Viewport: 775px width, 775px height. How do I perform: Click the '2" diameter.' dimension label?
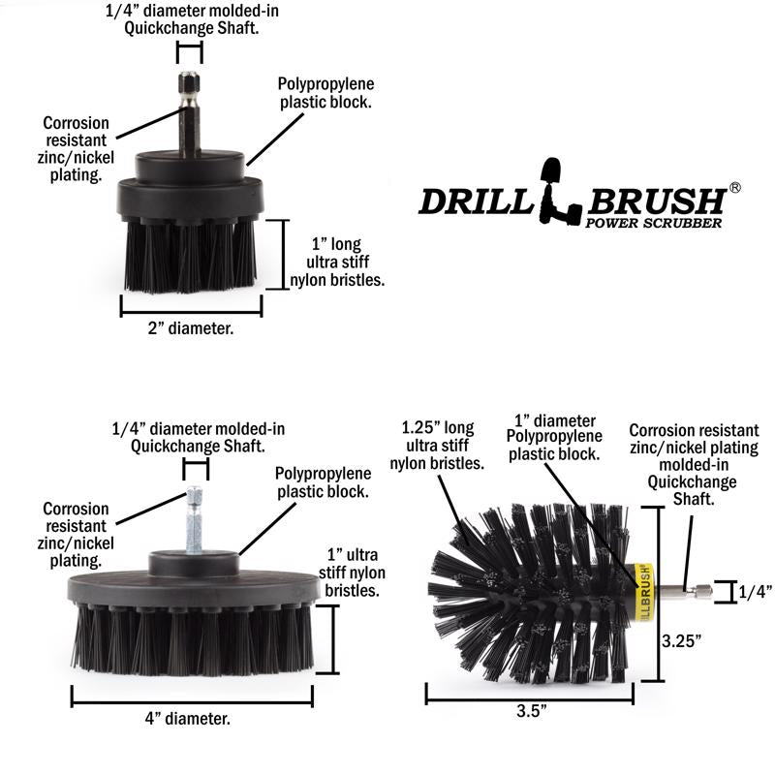(190, 328)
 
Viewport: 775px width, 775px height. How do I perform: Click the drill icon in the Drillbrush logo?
(562, 189)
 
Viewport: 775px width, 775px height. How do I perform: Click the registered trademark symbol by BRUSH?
(735, 188)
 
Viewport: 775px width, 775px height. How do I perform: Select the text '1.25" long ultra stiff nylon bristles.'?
(437, 445)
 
